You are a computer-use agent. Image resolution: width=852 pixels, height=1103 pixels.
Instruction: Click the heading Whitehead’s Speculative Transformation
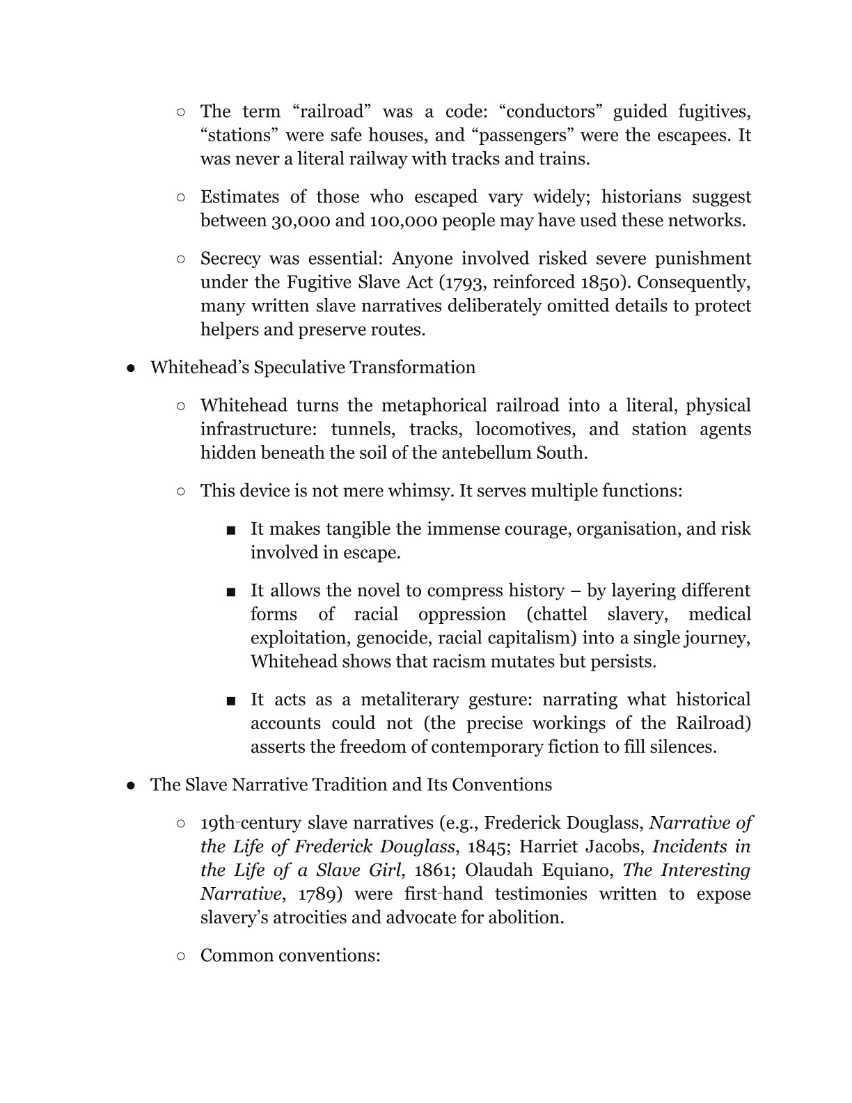313,367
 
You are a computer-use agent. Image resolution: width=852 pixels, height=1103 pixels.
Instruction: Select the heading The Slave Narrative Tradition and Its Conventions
351,785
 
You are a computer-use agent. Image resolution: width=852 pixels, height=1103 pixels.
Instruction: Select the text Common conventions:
290,955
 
